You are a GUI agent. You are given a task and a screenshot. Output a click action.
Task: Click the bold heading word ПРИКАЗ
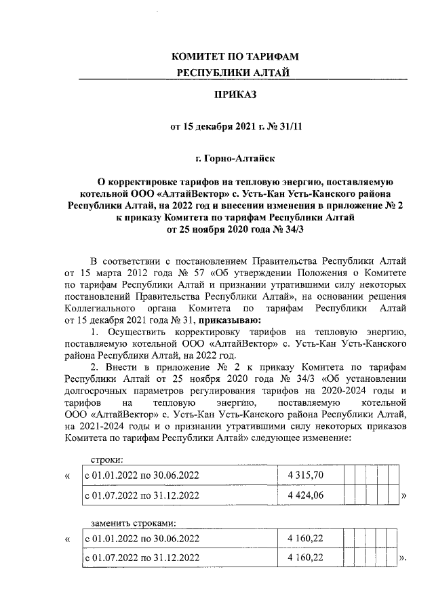click(x=236, y=96)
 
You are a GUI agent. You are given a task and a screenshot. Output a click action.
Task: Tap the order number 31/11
click(x=290, y=126)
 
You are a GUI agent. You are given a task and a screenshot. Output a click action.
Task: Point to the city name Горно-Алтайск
click(x=235, y=158)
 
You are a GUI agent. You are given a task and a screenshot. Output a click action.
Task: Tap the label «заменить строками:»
click(x=133, y=523)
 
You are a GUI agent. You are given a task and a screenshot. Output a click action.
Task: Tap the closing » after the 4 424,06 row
click(x=403, y=497)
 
